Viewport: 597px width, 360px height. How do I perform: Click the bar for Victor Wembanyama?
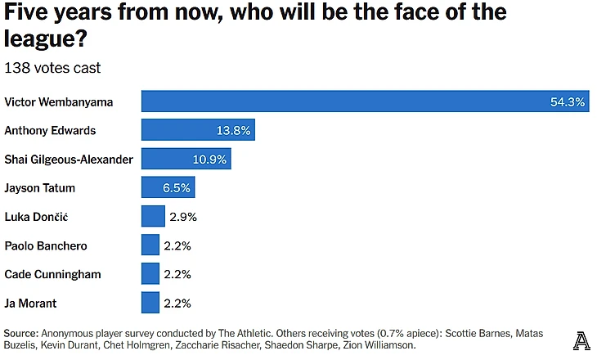(365, 101)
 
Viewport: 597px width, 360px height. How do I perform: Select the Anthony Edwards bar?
(198, 130)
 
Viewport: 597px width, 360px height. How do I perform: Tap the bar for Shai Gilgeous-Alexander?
(186, 159)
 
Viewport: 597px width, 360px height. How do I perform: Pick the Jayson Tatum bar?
(168, 187)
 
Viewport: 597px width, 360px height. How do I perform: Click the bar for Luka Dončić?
(153, 216)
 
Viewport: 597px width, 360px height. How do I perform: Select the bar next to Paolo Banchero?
(150, 245)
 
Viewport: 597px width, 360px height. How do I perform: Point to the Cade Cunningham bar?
(150, 273)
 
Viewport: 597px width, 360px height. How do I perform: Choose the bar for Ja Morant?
(150, 302)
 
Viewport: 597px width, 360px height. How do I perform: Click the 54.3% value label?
(567, 102)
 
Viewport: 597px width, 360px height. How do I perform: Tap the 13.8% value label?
(234, 131)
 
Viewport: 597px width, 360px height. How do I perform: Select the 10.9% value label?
(209, 160)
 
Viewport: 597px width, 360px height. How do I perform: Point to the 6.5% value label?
(177, 188)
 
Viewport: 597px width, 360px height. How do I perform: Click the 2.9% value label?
(183, 217)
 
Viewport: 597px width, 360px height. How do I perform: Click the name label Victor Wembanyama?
(58, 102)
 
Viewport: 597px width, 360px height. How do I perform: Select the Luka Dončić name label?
(36, 217)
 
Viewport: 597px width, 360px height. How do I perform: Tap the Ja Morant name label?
(32, 303)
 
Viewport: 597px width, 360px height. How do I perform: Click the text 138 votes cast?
(52, 67)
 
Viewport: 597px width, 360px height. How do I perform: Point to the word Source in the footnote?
(20, 334)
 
